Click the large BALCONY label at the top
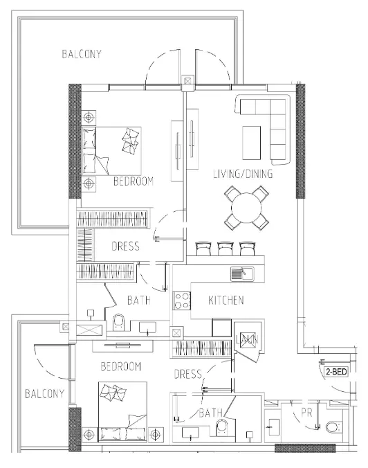82,54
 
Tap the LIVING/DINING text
242,174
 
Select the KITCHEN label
226,300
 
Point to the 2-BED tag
335,372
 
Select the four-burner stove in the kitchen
182,300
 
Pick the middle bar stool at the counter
226,249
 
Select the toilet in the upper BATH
118,322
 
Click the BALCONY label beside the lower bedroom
44,395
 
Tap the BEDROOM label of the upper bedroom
133,181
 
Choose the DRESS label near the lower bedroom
187,375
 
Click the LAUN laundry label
247,339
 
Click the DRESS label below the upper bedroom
125,246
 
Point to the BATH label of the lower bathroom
210,413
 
